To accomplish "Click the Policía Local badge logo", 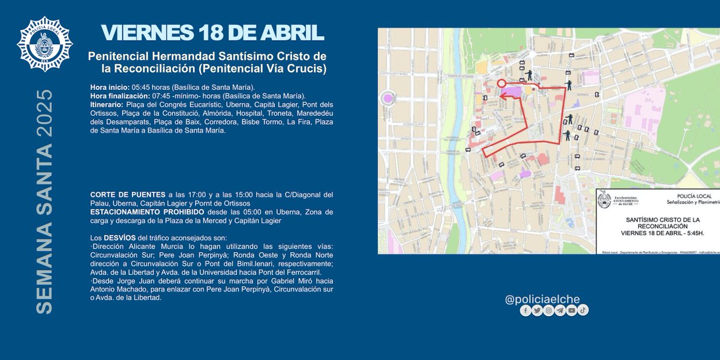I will [x=45, y=45].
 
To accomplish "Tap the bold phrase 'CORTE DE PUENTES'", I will [x=128, y=195].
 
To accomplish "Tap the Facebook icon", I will [x=526, y=310].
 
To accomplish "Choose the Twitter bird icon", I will [x=537, y=310].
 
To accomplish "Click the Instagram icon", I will [x=548, y=310].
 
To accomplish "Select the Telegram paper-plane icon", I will [x=560, y=310].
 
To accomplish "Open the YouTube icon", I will [x=572, y=310].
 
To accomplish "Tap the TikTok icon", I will [x=583, y=310].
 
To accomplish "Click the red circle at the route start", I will [x=502, y=83].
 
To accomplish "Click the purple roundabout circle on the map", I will [x=388, y=98].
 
